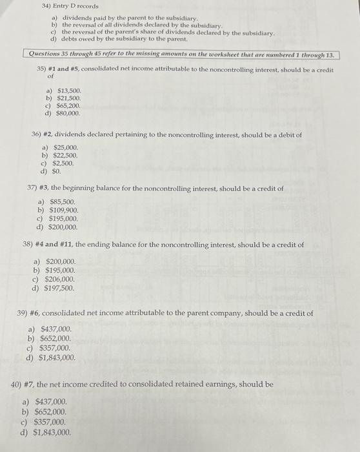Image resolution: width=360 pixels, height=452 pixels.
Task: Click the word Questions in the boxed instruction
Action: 39,56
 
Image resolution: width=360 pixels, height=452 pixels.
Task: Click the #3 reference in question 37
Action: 44,189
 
